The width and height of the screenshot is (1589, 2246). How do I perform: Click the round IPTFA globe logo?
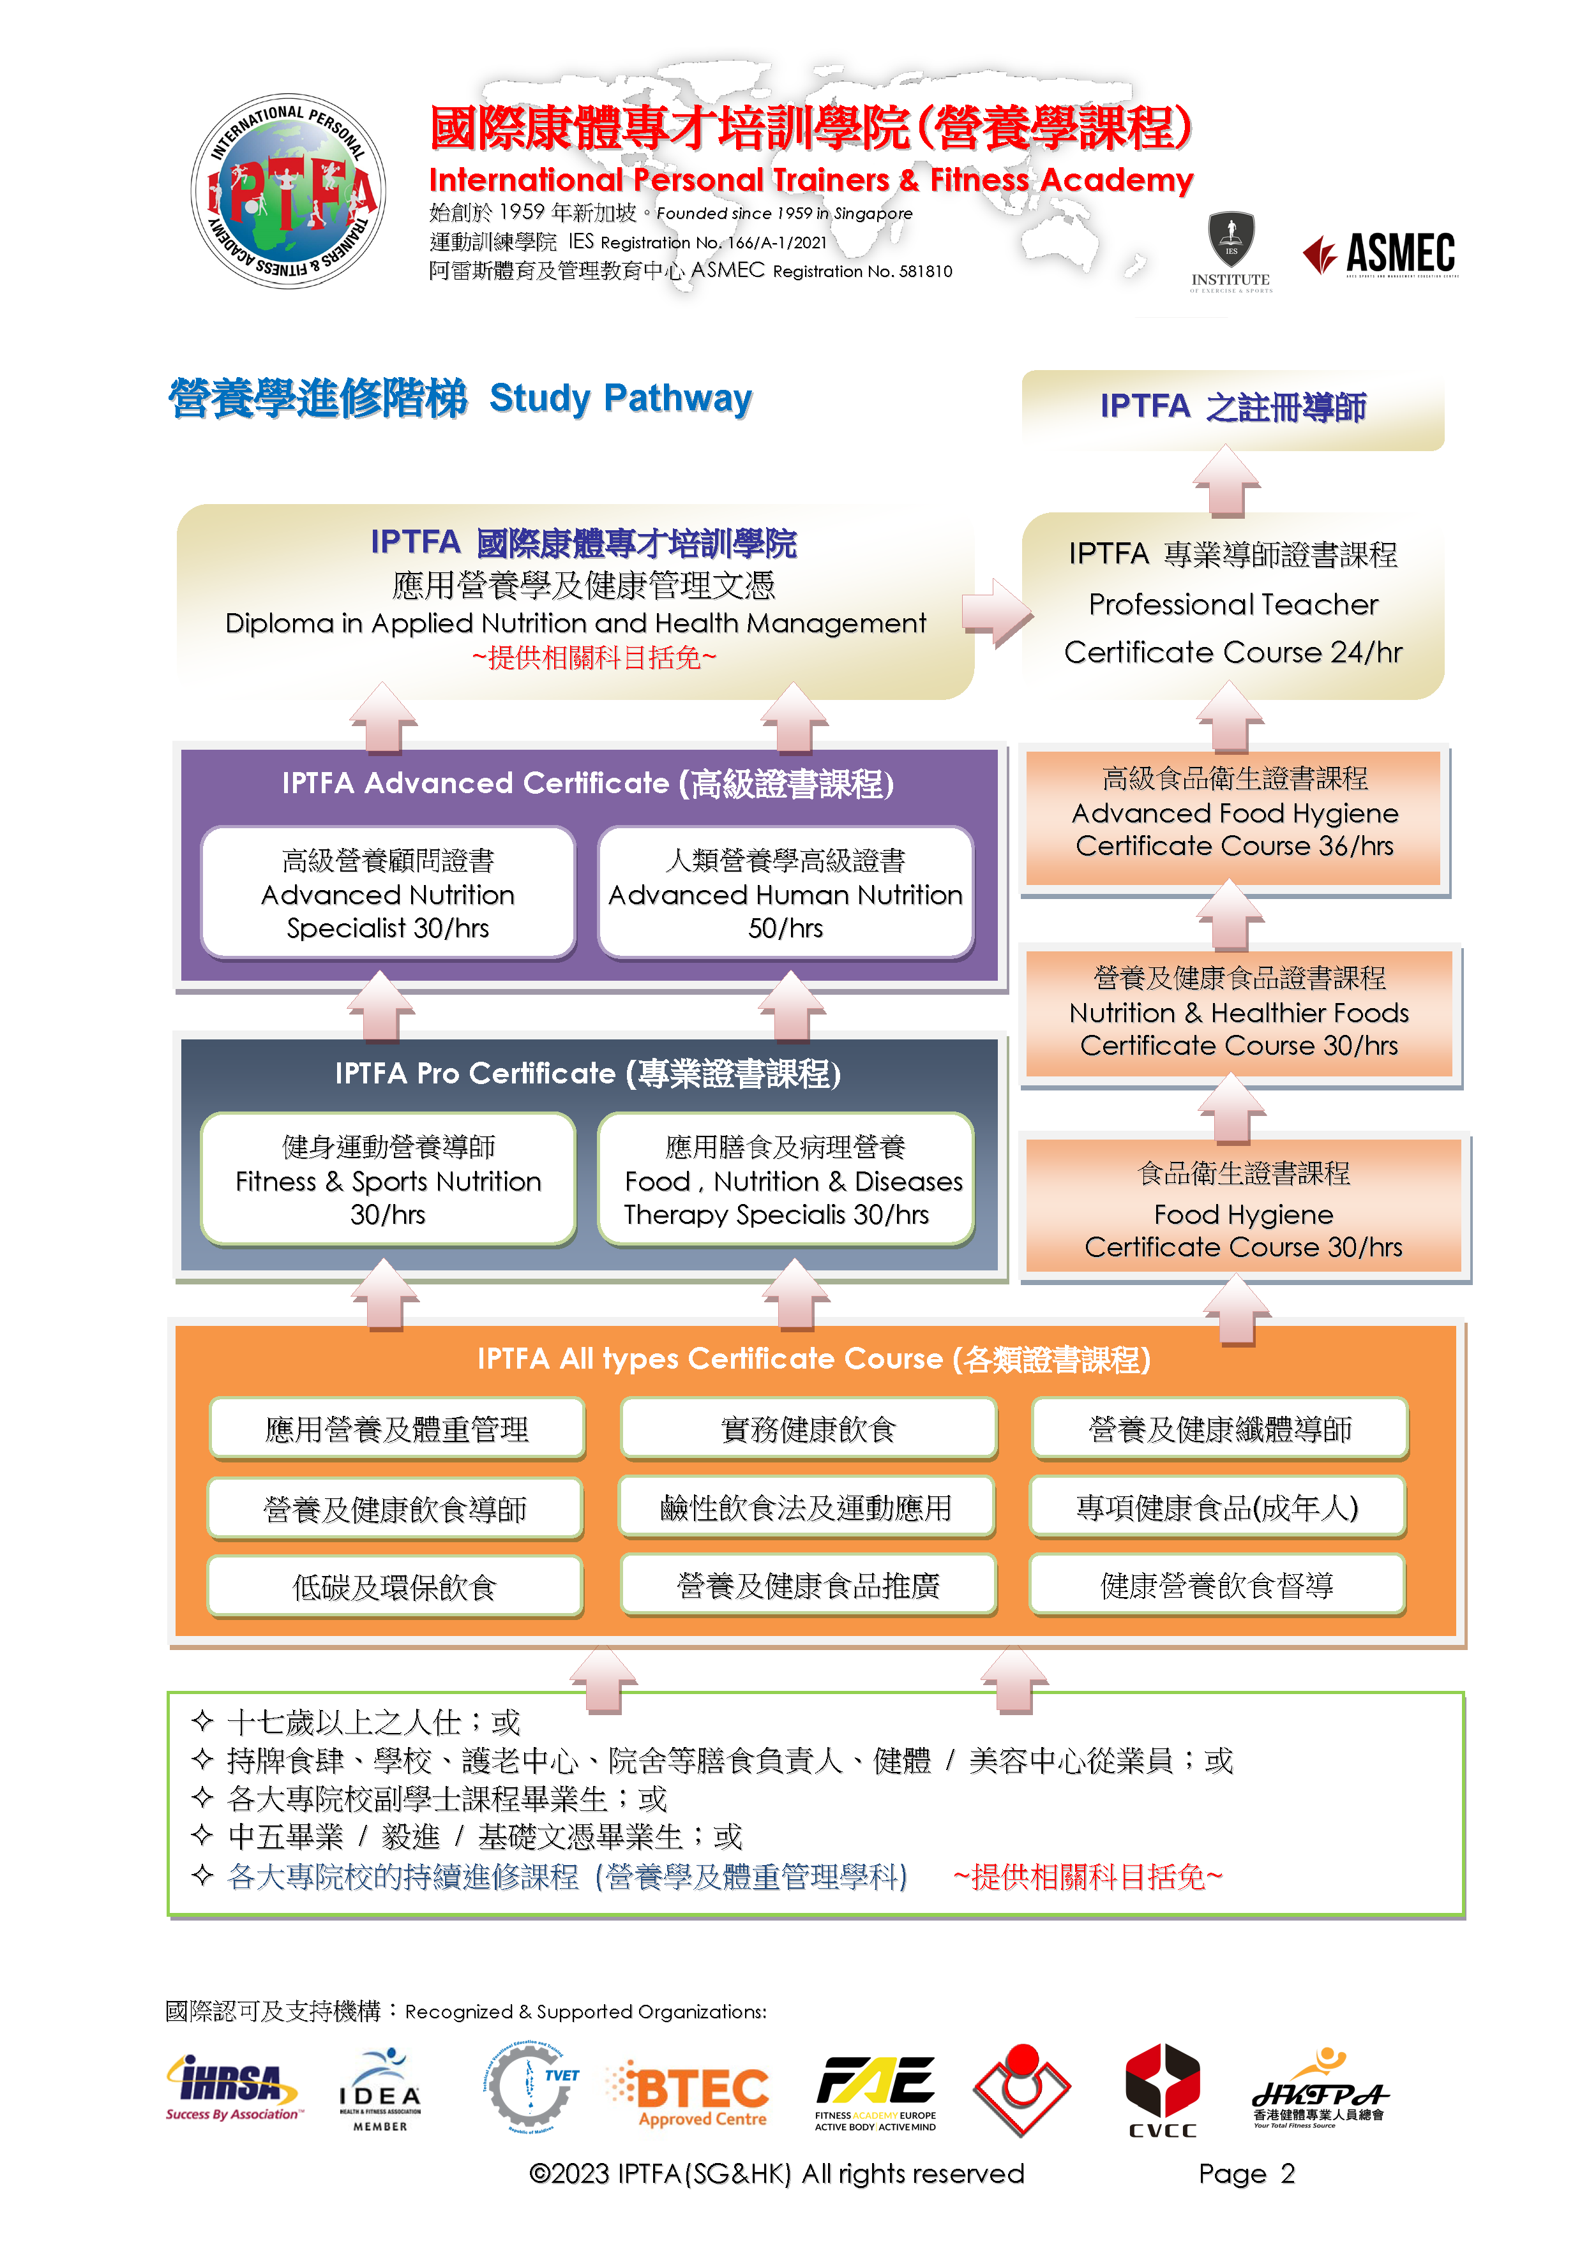[x=288, y=191]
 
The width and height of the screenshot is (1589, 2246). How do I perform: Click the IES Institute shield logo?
[x=1231, y=251]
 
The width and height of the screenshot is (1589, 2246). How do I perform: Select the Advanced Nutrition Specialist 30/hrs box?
[x=388, y=892]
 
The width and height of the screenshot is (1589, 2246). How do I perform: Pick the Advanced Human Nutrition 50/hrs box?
[x=786, y=892]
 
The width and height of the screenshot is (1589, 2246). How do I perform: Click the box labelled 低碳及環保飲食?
[x=395, y=1586]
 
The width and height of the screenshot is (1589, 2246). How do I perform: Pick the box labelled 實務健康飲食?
[x=808, y=1428]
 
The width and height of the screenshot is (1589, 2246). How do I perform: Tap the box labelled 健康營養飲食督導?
[x=1217, y=1585]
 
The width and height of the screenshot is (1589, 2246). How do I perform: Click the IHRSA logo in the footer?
[x=234, y=2088]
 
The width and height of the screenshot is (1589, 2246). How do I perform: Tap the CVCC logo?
[x=1163, y=2090]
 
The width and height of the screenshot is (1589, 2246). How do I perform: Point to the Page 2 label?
[x=1247, y=2174]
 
